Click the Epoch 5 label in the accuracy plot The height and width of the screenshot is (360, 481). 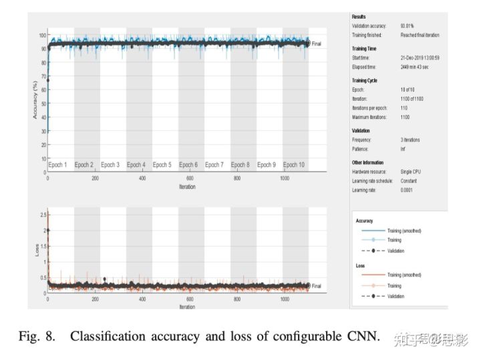[162, 164]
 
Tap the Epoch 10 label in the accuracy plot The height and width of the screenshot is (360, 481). [294, 164]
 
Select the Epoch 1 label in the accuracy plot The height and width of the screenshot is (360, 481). [58, 164]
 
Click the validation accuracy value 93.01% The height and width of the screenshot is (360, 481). [407, 26]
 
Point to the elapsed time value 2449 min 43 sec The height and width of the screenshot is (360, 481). [416, 67]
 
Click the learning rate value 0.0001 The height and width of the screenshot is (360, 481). [406, 190]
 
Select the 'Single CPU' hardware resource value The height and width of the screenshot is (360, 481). [411, 172]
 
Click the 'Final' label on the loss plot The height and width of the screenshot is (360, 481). [317, 286]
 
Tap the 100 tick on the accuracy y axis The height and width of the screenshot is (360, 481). [41, 35]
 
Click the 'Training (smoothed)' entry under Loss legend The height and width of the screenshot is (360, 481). [404, 275]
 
